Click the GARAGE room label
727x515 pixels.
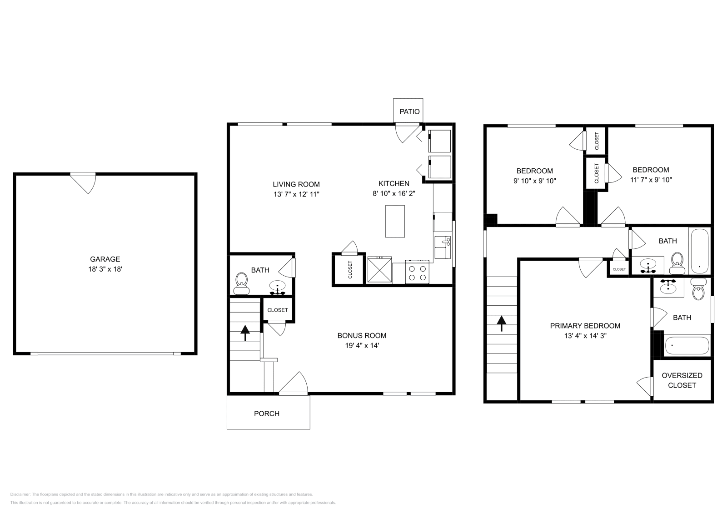tap(105, 259)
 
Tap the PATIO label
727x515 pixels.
tap(409, 111)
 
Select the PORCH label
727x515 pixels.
tap(267, 414)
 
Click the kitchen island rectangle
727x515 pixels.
tap(395, 221)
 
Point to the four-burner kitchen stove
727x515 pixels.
tap(417, 272)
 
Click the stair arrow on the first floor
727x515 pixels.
tap(245, 333)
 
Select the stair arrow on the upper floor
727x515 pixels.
tap(502, 323)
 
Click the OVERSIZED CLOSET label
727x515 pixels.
tap(682, 380)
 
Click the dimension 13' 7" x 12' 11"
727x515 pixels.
tap(296, 194)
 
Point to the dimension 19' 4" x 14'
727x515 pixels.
tap(362, 345)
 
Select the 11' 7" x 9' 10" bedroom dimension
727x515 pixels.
tap(651, 180)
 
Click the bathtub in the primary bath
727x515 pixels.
tap(687, 346)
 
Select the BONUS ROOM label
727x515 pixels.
tap(362, 336)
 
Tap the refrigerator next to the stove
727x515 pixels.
tap(379, 270)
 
